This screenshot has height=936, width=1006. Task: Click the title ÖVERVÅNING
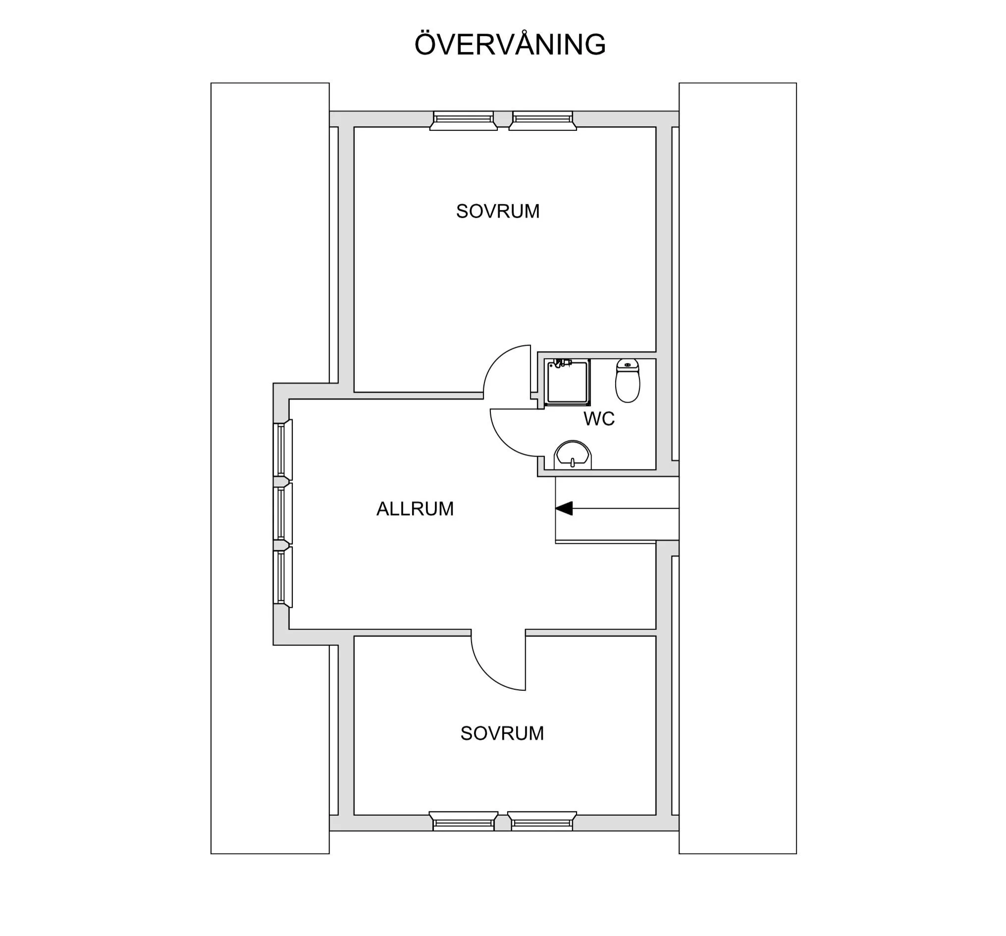tap(510, 45)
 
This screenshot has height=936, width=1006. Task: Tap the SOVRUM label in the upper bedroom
tap(497, 211)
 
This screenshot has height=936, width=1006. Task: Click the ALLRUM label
tap(415, 509)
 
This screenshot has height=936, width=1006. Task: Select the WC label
tap(599, 419)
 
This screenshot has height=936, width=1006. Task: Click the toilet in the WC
tap(628, 380)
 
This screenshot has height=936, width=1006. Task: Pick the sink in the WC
tap(573, 455)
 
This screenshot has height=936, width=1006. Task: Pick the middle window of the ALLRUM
tap(282, 513)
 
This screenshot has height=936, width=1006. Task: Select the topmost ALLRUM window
tap(282, 449)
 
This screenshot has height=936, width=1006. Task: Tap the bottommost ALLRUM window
tap(282, 577)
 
